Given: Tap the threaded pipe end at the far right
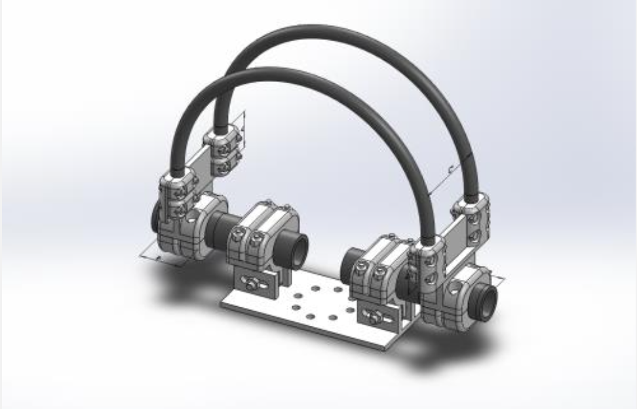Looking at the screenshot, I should (488, 300).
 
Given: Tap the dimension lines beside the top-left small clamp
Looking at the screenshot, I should (242, 128).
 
